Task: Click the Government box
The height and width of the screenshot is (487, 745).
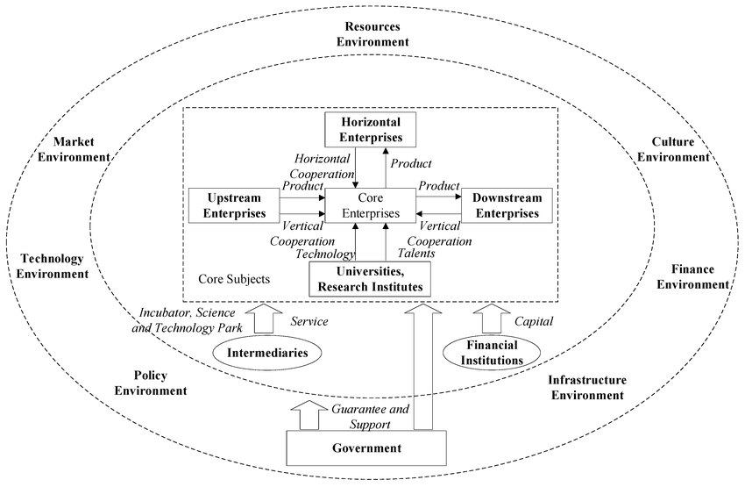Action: click(x=366, y=448)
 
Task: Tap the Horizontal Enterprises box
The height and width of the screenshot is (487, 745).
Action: click(x=369, y=130)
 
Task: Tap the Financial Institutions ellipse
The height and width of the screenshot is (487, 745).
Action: click(x=488, y=353)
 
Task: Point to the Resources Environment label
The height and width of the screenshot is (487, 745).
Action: click(x=377, y=33)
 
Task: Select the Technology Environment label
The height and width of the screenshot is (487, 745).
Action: click(x=53, y=266)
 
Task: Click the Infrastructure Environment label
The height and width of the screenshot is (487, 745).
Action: click(x=586, y=387)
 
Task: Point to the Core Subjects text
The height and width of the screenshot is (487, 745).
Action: click(x=234, y=279)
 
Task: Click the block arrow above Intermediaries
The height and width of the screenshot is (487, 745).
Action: click(x=267, y=318)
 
